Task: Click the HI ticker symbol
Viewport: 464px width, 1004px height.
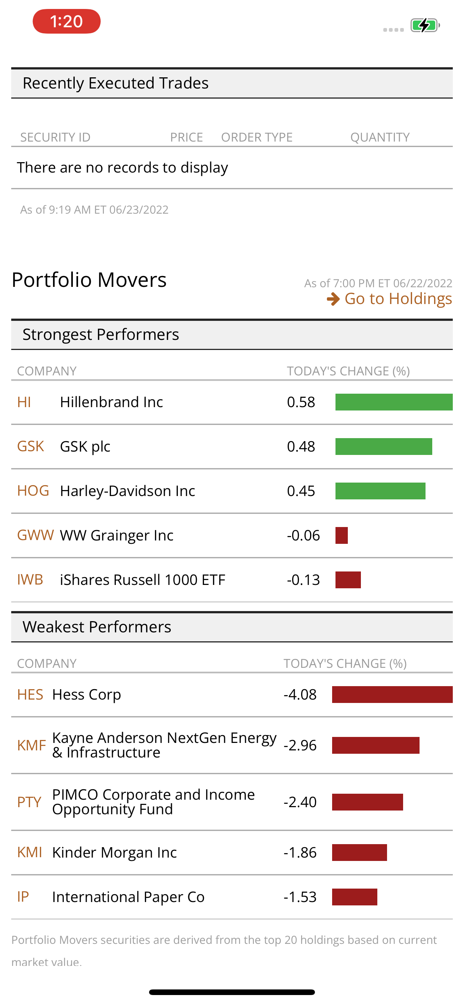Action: [24, 402]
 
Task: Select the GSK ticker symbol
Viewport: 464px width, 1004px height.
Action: [30, 447]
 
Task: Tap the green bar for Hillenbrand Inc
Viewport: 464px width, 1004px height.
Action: [393, 402]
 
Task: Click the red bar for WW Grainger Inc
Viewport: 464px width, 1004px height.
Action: [341, 536]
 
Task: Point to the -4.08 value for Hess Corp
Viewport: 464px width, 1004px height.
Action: [300, 694]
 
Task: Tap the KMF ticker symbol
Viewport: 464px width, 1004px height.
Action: [31, 745]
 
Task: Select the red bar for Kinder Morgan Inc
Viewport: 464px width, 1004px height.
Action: [359, 852]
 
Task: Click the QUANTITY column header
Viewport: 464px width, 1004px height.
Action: [380, 137]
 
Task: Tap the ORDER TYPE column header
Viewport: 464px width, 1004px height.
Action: [257, 137]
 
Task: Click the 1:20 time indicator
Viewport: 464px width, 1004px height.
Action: [66, 21]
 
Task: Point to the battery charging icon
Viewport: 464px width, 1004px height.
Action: [425, 26]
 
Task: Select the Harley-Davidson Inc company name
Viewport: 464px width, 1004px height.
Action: [127, 491]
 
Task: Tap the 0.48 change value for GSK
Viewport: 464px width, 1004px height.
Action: [301, 447]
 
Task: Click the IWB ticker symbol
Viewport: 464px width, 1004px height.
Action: [30, 580]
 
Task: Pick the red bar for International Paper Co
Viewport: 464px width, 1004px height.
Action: [355, 897]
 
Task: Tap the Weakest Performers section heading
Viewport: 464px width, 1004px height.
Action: [97, 627]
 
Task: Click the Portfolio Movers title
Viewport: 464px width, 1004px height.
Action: [89, 280]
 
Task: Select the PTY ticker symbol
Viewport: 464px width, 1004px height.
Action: [29, 802]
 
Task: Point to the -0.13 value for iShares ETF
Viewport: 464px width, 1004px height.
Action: [303, 580]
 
